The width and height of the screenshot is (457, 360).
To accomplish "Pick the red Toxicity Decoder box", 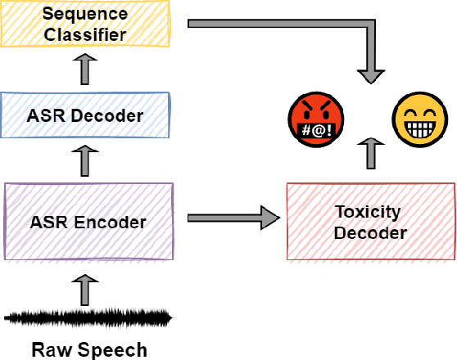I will [369, 222].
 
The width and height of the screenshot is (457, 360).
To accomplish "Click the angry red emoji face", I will [316, 121].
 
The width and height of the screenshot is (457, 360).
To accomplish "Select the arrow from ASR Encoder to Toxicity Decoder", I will [233, 218].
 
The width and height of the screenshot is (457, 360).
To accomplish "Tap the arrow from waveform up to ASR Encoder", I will [85, 287].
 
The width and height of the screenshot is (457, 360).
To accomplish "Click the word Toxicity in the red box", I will [369, 212].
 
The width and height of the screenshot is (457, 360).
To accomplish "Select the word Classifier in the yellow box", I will [85, 34].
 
